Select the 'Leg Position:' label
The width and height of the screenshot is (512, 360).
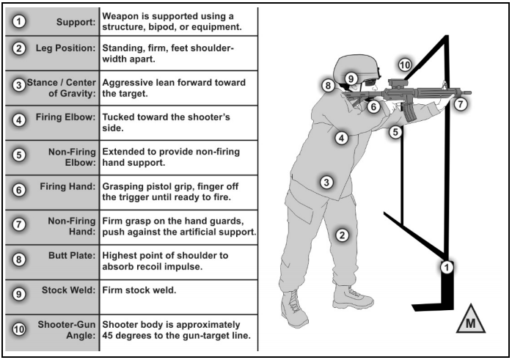click(x=62, y=48)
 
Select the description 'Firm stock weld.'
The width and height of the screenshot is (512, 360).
click(x=140, y=290)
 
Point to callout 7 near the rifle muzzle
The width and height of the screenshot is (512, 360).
click(x=459, y=105)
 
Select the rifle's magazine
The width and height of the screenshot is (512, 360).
click(x=407, y=112)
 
